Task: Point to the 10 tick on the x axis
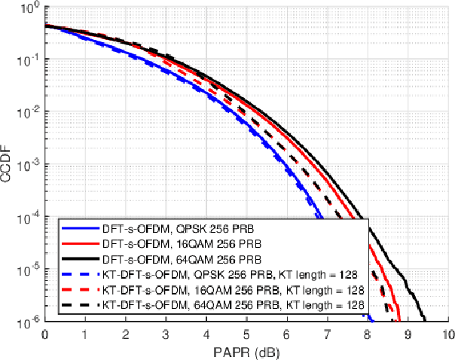pos(447,334)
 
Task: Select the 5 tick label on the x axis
pos(246,334)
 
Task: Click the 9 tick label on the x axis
pos(408,334)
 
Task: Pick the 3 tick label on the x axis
pos(166,334)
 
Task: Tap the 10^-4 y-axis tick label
pos(29,218)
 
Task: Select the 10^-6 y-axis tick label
pos(29,322)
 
